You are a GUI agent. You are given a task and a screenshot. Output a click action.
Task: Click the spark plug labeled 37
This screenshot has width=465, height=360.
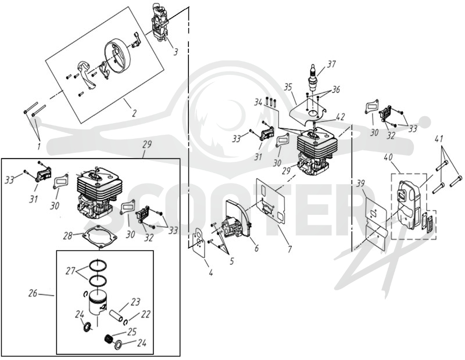pos(313,78)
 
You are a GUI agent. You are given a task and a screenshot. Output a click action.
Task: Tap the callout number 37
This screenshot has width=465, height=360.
pos(331,64)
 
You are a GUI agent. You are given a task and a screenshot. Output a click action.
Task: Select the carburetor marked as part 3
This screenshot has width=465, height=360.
pos(160,22)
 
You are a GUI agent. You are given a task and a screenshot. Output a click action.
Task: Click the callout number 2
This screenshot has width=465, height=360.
pos(134,113)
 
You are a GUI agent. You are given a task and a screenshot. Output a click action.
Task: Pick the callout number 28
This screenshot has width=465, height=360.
pos(69,236)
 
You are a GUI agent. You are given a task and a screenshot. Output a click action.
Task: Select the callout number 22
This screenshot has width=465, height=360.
pos(145,314)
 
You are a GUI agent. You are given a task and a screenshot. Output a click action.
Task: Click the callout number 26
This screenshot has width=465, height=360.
pos(33,293)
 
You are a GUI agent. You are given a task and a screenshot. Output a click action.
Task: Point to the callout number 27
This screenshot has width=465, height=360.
pos(70,271)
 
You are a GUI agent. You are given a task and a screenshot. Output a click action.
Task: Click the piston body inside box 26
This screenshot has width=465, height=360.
pos(97,304)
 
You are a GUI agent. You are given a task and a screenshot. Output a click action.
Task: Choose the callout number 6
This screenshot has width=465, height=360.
pos(256,248)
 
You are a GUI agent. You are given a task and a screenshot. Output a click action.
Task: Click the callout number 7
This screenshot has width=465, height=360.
pos(289,249)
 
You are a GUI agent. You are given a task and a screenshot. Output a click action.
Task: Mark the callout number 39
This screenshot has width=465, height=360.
pos(360,184)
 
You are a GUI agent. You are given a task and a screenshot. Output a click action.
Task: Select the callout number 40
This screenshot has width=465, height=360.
pos(388,157)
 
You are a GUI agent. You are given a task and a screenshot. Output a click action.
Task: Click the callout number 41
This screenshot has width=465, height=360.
pos(439,139)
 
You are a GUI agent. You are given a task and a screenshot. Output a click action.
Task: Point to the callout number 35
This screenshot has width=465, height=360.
pos(288,88)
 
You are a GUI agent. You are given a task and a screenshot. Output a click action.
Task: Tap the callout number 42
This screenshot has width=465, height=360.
pos(341,117)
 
